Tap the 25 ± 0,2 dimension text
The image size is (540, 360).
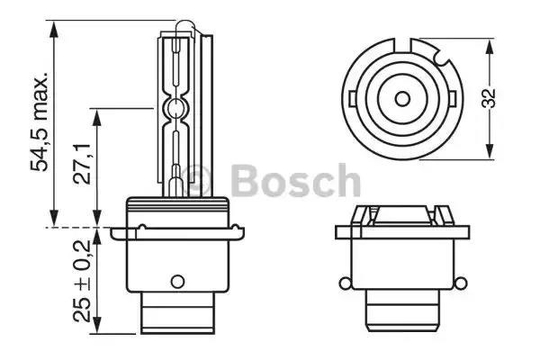coord(83,280)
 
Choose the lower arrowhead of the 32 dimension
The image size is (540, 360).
coord(490,157)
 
